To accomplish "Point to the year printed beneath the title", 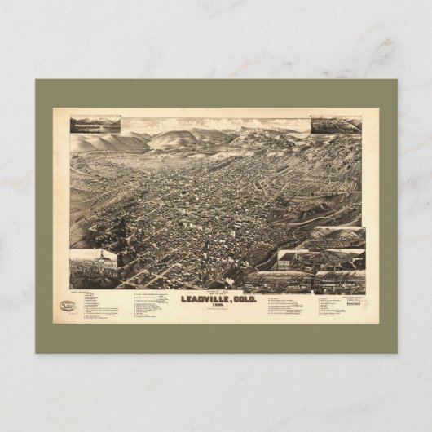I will click(x=215, y=306).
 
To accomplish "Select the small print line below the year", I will click(x=215, y=311).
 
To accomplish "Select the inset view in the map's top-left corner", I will click(x=95, y=125).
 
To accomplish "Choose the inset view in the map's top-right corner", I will click(x=335, y=125).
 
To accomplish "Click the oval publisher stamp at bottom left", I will click(x=68, y=306).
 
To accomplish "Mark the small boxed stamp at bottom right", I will click(x=354, y=301).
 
